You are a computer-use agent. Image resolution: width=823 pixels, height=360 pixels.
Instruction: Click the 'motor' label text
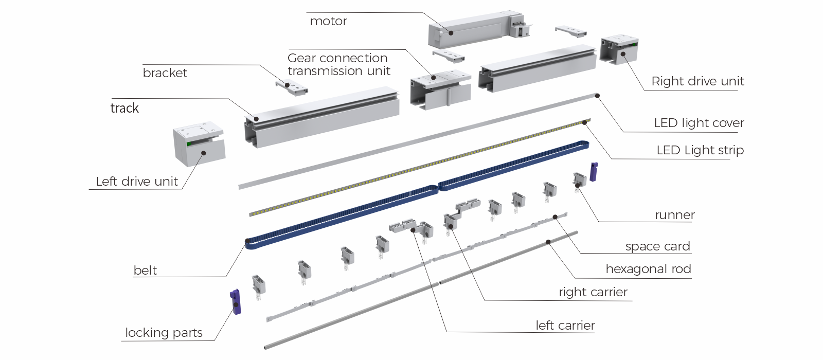pyautogui.click(x=328, y=22)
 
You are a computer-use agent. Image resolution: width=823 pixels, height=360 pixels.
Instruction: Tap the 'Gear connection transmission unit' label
pyautogui.click(x=338, y=65)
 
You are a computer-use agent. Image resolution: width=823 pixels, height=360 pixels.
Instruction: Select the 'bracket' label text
pyautogui.click(x=165, y=73)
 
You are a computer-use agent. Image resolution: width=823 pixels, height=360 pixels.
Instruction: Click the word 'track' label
pyautogui.click(x=124, y=108)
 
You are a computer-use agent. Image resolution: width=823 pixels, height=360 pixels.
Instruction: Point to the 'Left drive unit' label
pyautogui.click(x=137, y=182)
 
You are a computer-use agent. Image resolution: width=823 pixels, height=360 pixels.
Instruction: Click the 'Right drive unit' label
pyautogui.click(x=697, y=81)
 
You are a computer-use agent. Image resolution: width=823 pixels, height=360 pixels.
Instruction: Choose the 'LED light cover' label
pyautogui.click(x=699, y=123)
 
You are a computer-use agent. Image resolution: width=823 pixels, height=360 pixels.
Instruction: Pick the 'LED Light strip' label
pyautogui.click(x=700, y=150)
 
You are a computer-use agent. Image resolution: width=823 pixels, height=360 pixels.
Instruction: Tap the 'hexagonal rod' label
pyautogui.click(x=648, y=269)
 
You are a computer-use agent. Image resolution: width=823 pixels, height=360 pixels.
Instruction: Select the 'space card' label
pyautogui.click(x=657, y=246)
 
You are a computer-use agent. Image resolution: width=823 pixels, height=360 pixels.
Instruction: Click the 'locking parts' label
pyautogui.click(x=164, y=333)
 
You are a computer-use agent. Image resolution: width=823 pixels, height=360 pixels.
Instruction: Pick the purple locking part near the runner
pyautogui.click(x=594, y=171)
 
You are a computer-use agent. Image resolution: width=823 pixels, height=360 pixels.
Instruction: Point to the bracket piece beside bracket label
pyautogui.click(x=292, y=87)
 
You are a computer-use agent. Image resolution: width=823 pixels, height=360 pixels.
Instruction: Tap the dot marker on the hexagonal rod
pyautogui.click(x=548, y=242)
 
